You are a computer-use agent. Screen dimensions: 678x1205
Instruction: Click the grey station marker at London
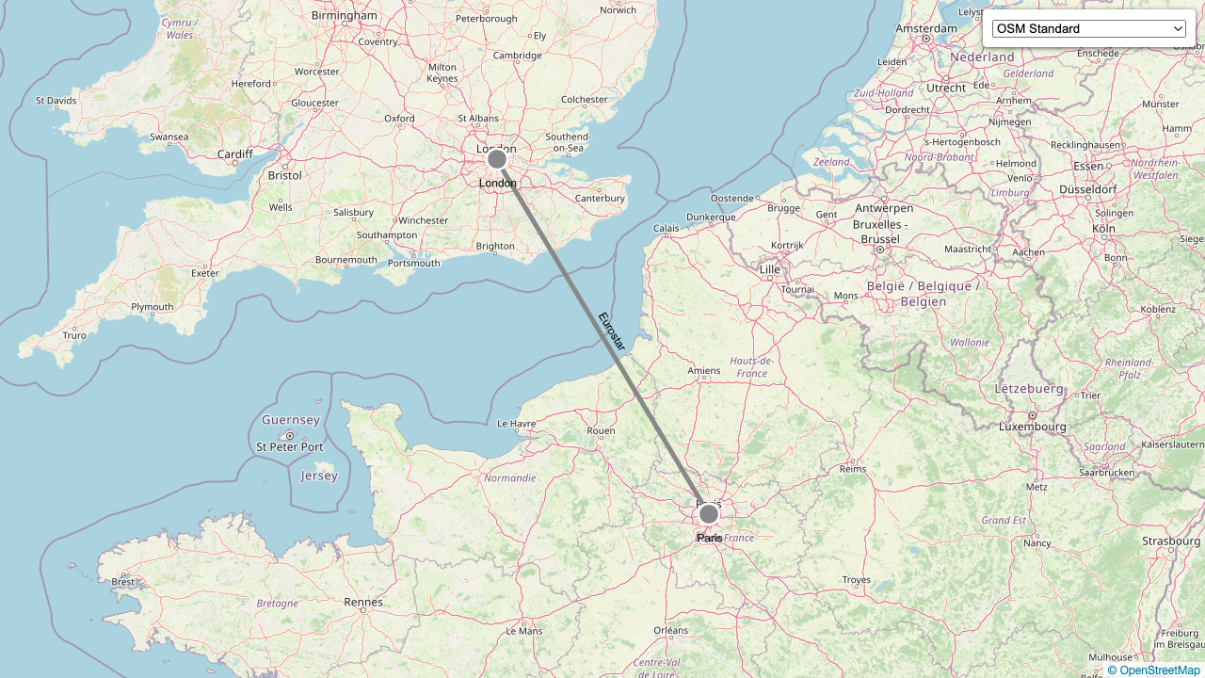tap(497, 159)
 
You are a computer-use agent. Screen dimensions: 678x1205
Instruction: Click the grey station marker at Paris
tap(709, 514)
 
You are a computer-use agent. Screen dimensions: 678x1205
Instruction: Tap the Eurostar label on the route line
tap(612, 331)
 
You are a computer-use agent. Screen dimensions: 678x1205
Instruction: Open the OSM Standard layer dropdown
tap(1088, 28)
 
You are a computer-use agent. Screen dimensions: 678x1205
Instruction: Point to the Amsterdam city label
tap(926, 28)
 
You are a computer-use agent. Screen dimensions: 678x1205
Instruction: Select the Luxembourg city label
tap(1033, 427)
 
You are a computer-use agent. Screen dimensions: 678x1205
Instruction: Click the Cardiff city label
tap(234, 154)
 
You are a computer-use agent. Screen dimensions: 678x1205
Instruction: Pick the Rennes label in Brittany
tap(363, 602)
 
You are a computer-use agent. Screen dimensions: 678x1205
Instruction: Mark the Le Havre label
tap(516, 424)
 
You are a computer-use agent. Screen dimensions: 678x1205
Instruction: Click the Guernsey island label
tap(291, 420)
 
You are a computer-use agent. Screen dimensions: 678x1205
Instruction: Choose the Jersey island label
tap(319, 476)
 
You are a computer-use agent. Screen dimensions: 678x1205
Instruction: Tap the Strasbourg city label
tap(1171, 541)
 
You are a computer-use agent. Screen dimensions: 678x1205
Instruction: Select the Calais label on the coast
tap(667, 228)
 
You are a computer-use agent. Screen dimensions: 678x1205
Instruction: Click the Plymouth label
tap(153, 307)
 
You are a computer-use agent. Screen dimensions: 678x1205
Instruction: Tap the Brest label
tap(123, 582)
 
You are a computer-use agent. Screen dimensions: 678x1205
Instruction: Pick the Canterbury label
tap(600, 198)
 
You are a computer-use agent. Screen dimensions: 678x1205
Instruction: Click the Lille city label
tap(770, 269)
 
